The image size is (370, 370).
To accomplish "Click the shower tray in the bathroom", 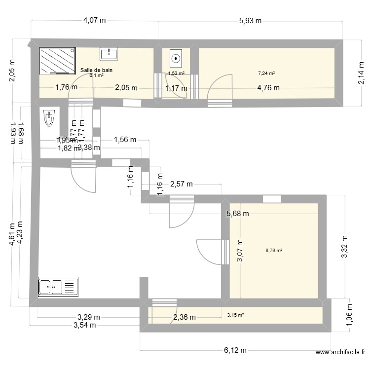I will [57, 60].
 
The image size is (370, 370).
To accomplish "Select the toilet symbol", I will [49, 118].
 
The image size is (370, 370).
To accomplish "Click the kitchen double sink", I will [58, 286].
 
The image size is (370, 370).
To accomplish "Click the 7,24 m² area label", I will [266, 74].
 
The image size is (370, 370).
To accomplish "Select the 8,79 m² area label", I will [274, 251].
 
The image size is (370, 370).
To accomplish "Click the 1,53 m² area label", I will [176, 74].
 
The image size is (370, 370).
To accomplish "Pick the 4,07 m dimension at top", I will [95, 21].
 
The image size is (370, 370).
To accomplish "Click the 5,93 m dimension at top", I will [250, 21].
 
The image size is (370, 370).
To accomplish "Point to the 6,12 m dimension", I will [235, 350].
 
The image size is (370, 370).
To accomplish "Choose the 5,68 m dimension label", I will [238, 214].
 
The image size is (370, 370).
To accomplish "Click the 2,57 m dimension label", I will [181, 185].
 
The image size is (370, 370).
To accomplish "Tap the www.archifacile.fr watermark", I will [341, 352].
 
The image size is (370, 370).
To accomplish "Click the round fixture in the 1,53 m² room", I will [176, 59].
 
